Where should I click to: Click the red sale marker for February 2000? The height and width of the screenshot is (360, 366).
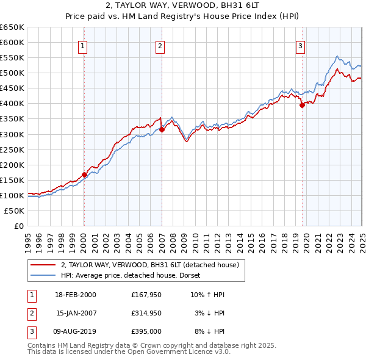84,175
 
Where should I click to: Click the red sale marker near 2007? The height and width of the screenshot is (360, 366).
162,129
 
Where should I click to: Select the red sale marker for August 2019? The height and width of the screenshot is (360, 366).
302,105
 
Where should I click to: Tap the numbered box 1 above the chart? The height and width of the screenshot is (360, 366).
82,45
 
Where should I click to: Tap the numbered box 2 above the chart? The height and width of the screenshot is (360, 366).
160,45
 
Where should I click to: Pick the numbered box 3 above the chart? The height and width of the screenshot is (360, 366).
301,45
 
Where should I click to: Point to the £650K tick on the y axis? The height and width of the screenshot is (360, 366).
12,27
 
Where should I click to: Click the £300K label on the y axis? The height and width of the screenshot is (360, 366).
12,134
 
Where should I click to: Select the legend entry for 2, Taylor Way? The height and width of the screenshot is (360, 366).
152,265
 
